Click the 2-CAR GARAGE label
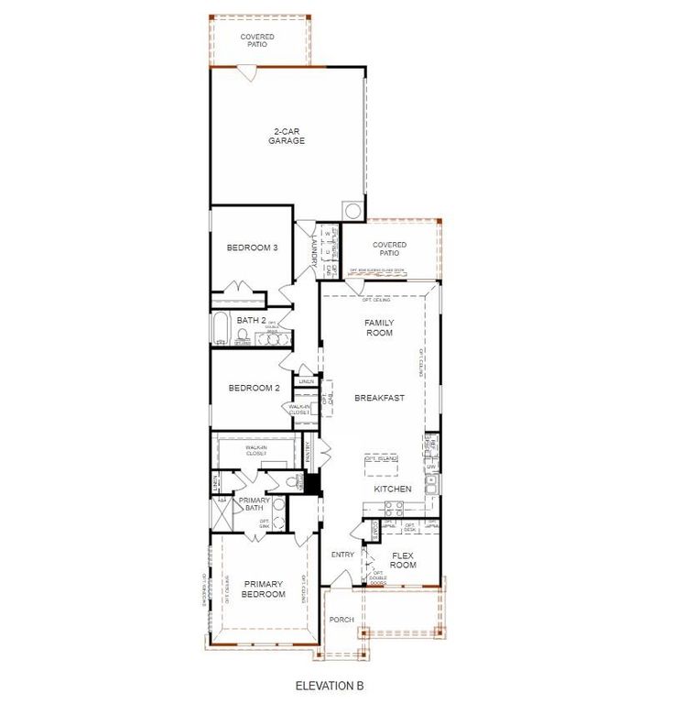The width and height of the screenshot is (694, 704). coord(287,136)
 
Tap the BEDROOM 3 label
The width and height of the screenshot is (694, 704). coord(252,247)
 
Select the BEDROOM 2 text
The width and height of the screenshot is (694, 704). coord(253,388)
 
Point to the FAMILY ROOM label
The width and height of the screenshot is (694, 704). coord(378,327)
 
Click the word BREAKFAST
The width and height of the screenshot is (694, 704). coord(380,398)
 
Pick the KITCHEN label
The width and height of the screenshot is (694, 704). coord(392,489)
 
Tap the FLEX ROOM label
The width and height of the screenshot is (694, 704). coord(403,560)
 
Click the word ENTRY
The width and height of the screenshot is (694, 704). coord(342,555)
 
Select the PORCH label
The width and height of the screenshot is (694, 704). coord(342,620)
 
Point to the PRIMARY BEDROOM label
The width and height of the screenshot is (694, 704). coord(264,588)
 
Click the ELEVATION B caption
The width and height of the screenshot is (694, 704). coord(331,685)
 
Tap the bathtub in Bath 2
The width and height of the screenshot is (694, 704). coord(221,329)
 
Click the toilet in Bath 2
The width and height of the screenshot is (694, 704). coord(243,336)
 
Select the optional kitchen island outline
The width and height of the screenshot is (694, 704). coord(382,465)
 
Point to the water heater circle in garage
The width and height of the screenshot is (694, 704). coord(352,211)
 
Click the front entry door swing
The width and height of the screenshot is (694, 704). coord(341,580)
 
